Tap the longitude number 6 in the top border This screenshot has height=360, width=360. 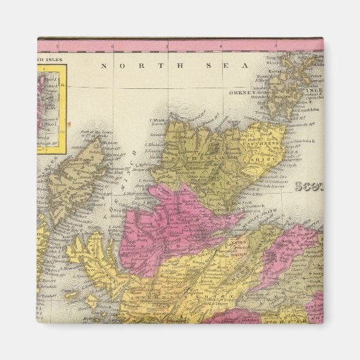[x=113, y=46]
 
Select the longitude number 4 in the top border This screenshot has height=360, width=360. [x=221, y=46]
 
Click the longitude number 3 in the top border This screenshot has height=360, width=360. [x=274, y=46]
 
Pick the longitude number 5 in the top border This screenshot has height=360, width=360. [x=166, y=46]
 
